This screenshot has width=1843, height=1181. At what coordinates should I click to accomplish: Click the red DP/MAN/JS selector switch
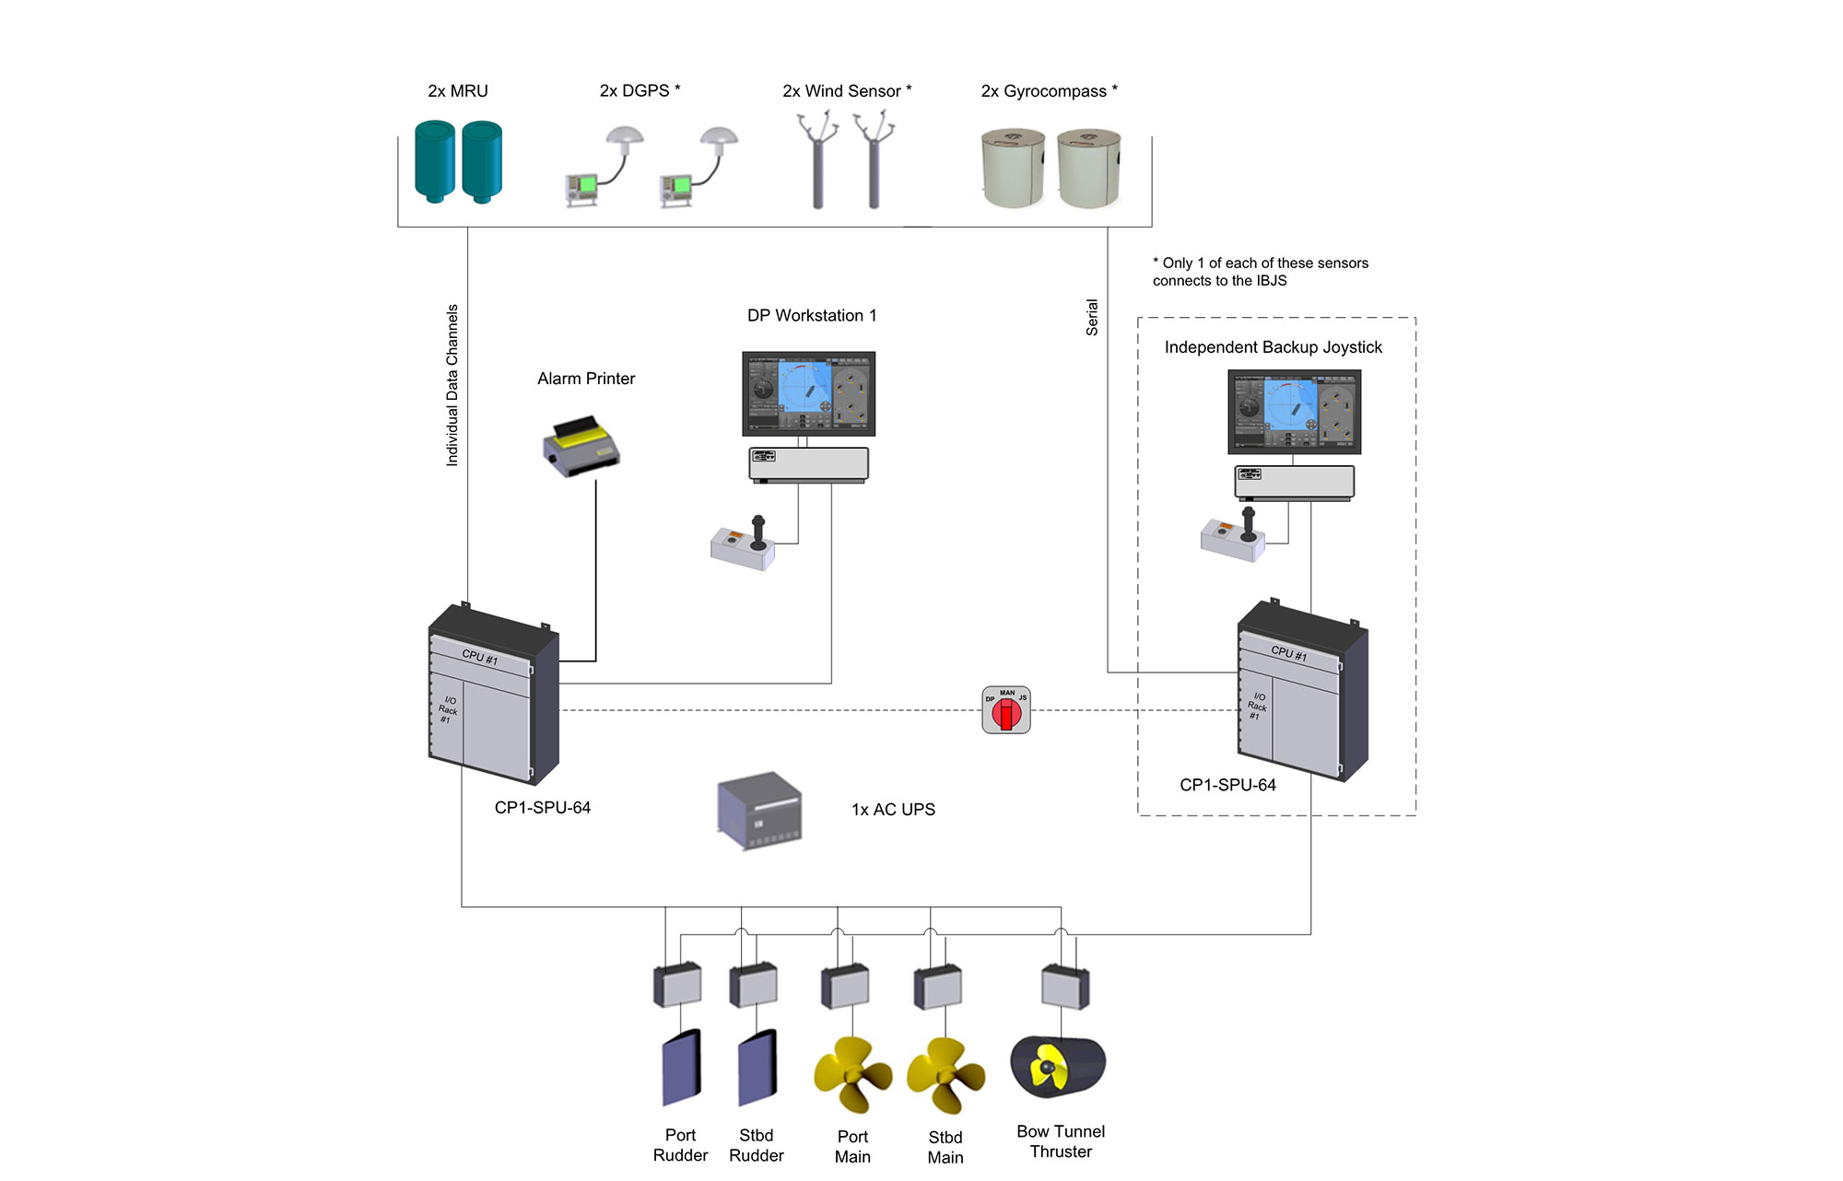point(1006,710)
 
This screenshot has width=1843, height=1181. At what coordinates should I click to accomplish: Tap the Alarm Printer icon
point(581,447)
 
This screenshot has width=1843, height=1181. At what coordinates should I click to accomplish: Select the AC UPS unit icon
point(759,811)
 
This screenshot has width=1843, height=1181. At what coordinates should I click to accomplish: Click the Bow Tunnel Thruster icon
point(1058,1067)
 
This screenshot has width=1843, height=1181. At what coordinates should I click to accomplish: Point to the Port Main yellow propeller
point(852,1073)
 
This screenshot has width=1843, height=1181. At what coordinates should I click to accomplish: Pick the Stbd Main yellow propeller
point(945,1074)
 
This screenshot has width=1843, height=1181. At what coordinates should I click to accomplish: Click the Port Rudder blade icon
point(682,1067)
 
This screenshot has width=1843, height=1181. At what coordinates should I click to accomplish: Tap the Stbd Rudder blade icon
point(757,1067)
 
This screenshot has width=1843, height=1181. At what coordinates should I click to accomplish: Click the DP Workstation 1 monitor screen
point(809,393)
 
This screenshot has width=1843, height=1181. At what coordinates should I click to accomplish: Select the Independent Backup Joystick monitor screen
point(1294,412)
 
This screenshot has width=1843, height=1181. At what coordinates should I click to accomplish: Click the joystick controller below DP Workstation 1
point(744,545)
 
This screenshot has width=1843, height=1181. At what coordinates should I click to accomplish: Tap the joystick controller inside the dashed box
point(1233,536)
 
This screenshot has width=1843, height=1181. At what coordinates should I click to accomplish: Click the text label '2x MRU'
point(458,91)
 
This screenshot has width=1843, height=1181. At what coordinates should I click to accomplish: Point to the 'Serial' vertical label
point(1092,317)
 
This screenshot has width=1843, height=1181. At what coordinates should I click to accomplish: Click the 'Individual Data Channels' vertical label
point(452,385)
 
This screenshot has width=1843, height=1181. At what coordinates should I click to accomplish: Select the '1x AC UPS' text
point(893,810)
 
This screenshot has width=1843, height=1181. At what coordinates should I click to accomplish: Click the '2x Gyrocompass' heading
point(1049,91)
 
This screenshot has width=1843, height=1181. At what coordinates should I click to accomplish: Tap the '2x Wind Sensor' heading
point(847,91)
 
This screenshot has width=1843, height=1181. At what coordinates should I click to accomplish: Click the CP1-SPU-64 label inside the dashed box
point(1227,785)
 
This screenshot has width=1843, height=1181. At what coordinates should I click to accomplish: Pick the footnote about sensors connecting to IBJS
point(1260,272)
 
